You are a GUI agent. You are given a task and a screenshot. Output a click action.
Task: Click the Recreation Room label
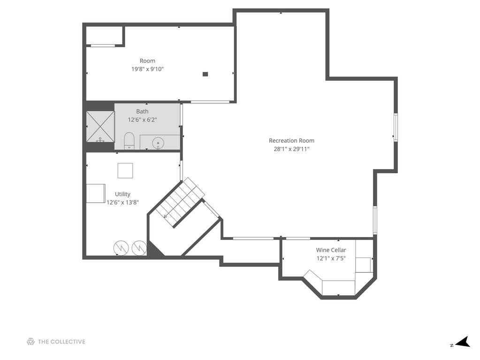pos(291,140)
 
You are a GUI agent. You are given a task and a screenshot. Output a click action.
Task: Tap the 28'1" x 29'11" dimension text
pos(291,149)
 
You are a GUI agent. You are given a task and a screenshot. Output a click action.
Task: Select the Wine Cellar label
pos(331,250)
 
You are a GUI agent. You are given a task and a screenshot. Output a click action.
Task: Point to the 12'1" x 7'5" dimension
pos(331,258)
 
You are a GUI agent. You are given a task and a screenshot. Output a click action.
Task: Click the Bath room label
pos(142,111)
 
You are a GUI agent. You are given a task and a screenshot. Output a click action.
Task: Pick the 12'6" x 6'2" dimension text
pos(142,120)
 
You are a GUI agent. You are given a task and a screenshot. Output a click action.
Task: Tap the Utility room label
pos(122,194)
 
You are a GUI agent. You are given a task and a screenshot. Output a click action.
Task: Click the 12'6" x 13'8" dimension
pos(122,202)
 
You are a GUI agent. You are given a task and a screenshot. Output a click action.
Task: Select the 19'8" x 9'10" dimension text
pos(147,69)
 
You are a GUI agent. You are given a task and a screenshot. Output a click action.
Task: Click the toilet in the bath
pos(129,141)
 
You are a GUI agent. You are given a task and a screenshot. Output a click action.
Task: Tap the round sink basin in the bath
pos(158,143)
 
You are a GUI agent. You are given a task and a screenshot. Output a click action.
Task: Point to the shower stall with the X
pos(100,127)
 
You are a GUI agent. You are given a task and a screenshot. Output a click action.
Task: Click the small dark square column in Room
pos(206,74)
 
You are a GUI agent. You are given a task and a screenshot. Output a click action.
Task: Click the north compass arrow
pos(463,342)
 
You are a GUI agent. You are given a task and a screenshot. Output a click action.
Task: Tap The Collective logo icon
pos(30,342)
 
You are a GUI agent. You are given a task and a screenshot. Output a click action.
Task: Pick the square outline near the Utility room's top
pos(125,170)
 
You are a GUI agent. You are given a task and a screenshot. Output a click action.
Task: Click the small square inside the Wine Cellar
pos(363,265)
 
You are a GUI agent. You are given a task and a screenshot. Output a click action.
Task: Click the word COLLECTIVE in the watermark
pos(68,342)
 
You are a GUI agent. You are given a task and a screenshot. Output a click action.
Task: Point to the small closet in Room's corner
pos(105,36)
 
